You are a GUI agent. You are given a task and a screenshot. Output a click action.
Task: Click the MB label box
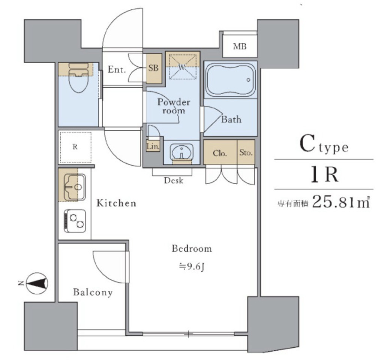click(240, 47)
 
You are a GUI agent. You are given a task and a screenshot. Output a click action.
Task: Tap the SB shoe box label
click(154, 69)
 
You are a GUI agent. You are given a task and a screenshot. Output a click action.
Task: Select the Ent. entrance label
click(117, 69)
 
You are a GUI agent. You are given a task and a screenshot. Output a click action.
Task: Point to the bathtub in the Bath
click(231, 80)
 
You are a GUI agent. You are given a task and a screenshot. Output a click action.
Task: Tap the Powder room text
click(173, 106)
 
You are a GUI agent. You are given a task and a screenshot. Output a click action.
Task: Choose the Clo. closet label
click(219, 153)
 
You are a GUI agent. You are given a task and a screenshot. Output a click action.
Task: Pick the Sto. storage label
click(246, 153)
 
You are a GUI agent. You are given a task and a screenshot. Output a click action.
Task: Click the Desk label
click(174, 181)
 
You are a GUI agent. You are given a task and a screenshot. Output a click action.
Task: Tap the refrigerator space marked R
click(75, 147)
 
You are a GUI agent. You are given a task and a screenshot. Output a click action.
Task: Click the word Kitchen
click(116, 203)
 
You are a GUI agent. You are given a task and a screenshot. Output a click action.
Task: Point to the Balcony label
click(93, 292)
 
